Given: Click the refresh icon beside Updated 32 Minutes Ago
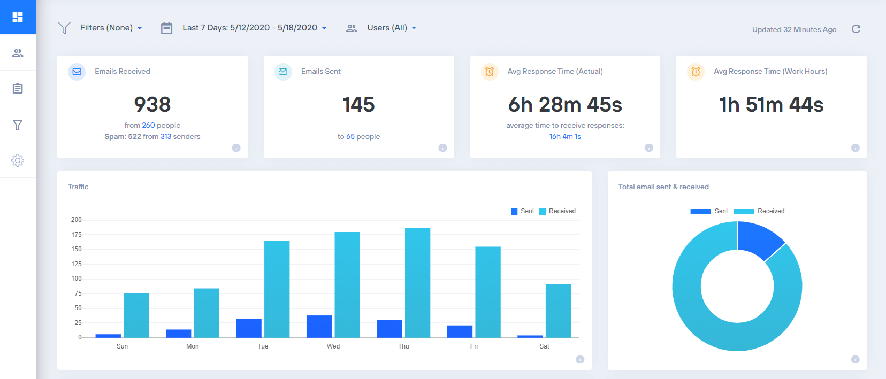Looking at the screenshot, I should (x=856, y=29).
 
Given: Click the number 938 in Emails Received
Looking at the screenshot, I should (x=152, y=105).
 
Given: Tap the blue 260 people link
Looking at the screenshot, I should (x=148, y=125).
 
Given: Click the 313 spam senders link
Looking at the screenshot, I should (x=166, y=136).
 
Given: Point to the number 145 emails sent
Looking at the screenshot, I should (x=358, y=105).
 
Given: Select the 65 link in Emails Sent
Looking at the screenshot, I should (x=350, y=136).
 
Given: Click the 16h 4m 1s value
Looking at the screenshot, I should (x=565, y=136).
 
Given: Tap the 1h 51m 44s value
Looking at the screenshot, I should (x=771, y=105).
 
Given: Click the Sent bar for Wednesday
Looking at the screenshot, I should (x=319, y=326).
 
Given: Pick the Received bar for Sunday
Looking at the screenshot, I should (x=136, y=315).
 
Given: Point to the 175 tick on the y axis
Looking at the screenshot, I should (x=77, y=235).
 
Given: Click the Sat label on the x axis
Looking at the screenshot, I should (x=544, y=346).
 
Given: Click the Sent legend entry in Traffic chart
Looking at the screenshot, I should (x=523, y=211).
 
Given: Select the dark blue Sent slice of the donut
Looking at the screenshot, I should (x=759, y=239).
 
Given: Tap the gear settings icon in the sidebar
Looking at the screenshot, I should (x=18, y=160).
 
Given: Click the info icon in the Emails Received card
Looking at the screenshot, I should (x=236, y=148).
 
